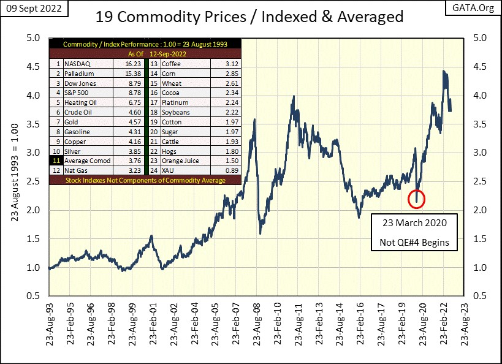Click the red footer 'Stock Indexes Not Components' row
click(x=146, y=180)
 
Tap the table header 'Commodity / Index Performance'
click(x=146, y=44)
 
